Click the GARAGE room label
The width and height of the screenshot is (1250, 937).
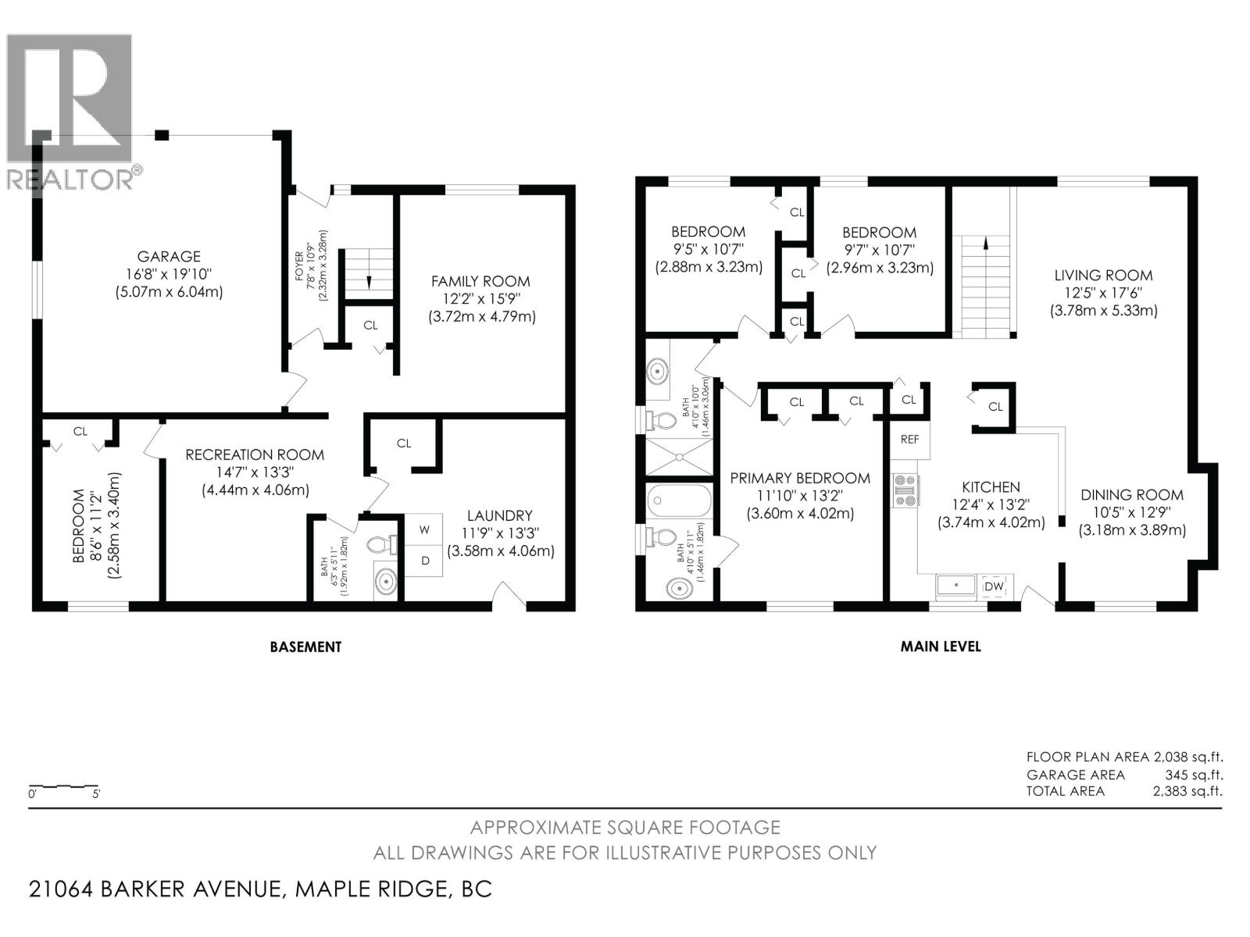click(x=169, y=256)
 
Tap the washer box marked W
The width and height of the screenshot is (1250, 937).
click(x=424, y=529)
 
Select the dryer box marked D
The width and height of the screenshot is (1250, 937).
click(x=425, y=561)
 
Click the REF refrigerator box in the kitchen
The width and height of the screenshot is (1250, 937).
click(x=909, y=440)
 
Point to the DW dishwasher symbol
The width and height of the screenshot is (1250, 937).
click(x=994, y=586)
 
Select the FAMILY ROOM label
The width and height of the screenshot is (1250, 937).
click(x=480, y=281)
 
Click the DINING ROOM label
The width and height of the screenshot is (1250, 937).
click(x=1132, y=495)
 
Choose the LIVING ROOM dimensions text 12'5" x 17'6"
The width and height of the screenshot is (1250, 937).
click(x=1103, y=293)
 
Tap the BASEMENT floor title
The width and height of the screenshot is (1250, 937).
click(x=305, y=647)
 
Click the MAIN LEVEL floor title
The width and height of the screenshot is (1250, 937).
click(x=941, y=647)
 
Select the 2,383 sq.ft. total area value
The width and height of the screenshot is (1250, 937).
click(x=1187, y=791)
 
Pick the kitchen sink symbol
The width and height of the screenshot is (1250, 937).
click(x=956, y=585)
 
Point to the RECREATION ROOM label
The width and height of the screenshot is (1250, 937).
click(x=255, y=454)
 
